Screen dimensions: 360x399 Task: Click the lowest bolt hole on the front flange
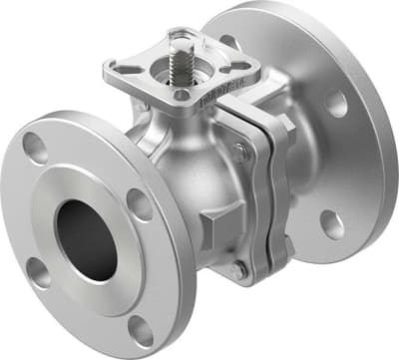(143, 332)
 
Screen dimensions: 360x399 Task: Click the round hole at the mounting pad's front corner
(183, 95)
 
